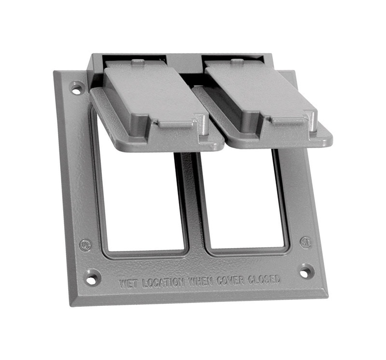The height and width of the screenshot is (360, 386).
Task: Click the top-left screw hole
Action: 76,88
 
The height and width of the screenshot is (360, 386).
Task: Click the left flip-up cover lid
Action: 154,104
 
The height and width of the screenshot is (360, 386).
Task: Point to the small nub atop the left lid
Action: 138,62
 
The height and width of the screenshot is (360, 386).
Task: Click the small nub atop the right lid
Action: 236,61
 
